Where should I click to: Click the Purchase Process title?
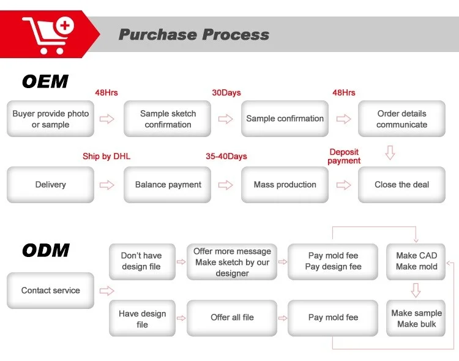pos(194,34)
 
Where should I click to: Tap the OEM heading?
pos(45,81)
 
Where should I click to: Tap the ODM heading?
pos(46,250)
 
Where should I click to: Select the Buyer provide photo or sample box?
pos(50,119)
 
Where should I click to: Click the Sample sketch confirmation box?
pos(168,119)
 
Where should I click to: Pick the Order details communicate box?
pos(401,119)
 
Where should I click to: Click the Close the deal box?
pos(401,185)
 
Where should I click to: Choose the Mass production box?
pos(285,185)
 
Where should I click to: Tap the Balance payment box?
pos(168,185)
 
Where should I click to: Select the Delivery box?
pos(50,185)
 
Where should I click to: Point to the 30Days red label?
pos(226,92)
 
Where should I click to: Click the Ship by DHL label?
pos(106,157)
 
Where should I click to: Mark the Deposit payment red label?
pos(344,157)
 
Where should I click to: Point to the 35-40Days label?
pos(226,157)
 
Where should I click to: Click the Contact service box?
pos(50,291)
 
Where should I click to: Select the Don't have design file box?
pos(142,262)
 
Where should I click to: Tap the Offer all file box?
pos(232,318)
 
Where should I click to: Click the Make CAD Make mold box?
pos(416,262)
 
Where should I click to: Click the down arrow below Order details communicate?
pos(390,152)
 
